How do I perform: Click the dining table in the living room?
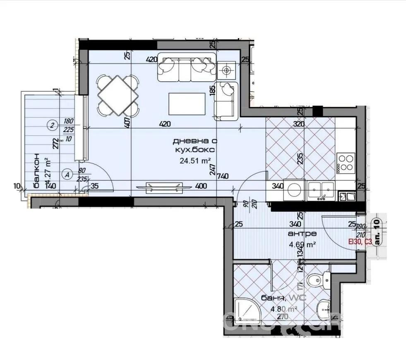point(118,96)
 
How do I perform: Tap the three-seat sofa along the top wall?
point(186,68)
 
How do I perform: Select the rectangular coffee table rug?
point(187,104)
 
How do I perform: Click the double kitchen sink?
point(321,190)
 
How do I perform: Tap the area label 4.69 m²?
point(302,244)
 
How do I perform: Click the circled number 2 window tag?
point(52,124)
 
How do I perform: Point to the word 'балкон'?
point(36,170)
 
